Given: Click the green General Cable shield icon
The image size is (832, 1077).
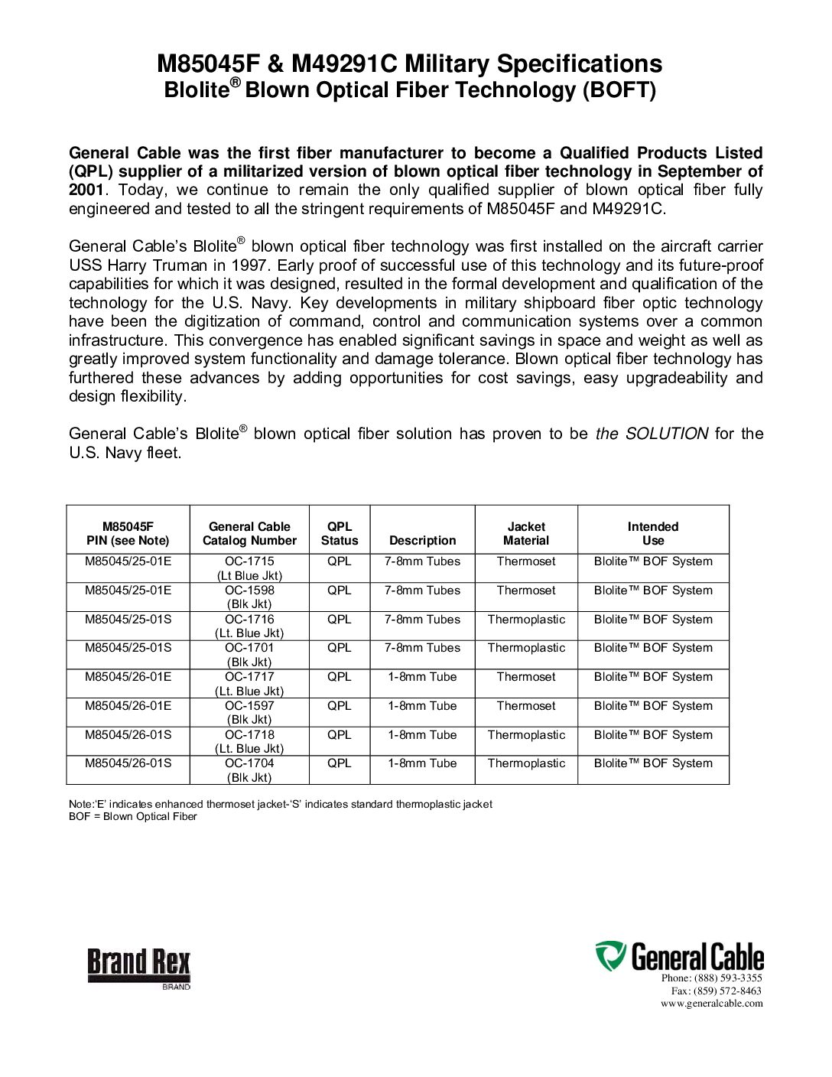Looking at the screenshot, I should tap(610, 956).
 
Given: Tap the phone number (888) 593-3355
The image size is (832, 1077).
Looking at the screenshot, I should tap(728, 978).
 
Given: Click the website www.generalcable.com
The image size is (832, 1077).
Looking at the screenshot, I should tap(712, 1004).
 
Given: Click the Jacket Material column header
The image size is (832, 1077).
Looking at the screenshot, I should tap(526, 533).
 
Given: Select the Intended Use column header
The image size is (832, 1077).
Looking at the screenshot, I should tap(653, 533).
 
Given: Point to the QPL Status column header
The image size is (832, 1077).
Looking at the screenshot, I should tap(340, 533).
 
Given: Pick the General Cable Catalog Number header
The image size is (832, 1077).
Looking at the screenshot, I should tap(249, 533).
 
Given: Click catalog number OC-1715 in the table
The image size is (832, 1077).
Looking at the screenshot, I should tap(249, 561).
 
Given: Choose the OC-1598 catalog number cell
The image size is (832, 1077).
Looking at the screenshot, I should tap(249, 591).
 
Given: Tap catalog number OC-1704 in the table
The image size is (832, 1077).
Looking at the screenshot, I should tap(249, 763).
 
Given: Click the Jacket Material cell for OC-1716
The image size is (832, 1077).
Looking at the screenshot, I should tap(526, 620).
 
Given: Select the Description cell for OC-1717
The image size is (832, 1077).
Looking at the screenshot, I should tap(422, 677).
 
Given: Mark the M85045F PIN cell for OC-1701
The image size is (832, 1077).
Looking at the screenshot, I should tap(128, 648).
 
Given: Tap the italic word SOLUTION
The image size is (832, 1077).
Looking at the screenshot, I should tap(667, 434).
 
